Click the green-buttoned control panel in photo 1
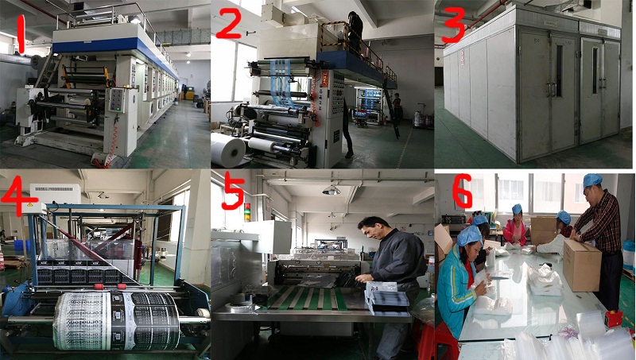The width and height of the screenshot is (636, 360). pyautogui.click(x=116, y=100)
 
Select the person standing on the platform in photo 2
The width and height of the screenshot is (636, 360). pyautogui.click(x=355, y=32)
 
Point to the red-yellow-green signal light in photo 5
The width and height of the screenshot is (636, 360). pyautogui.click(x=246, y=213)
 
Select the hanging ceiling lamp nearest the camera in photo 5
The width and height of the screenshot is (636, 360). pyautogui.click(x=331, y=190)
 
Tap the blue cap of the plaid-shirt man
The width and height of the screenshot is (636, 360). pyautogui.click(x=591, y=180)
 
